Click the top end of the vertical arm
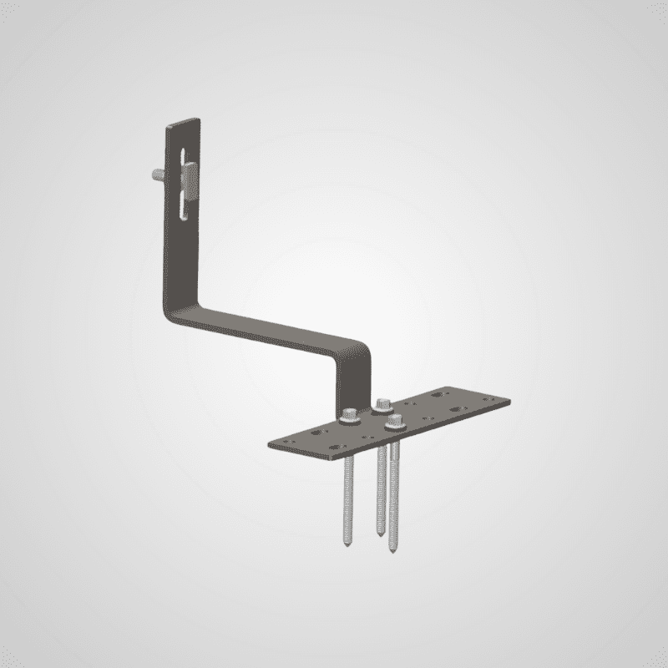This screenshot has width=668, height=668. coord(184,124)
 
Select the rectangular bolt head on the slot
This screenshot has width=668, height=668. coord(190,180)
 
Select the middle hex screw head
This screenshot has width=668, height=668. coord(383,402)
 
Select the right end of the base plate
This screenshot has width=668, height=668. coord(506,399)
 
